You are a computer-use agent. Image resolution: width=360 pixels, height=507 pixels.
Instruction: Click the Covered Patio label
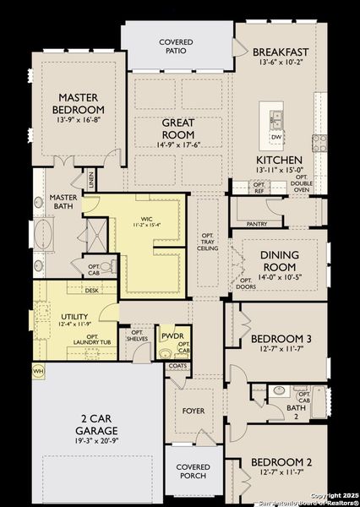177,46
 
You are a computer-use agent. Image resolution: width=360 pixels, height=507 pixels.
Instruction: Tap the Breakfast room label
281,52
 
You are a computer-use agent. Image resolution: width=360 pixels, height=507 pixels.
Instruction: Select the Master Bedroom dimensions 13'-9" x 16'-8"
79,122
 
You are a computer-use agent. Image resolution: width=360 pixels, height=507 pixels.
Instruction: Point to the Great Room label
178,128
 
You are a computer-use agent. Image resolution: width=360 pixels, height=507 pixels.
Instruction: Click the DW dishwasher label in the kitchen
276,136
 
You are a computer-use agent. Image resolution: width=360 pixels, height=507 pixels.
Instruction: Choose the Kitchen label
280,159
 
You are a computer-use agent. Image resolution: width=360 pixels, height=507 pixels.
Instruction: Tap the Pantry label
257,224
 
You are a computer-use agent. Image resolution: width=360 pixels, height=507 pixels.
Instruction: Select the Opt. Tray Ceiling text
208,241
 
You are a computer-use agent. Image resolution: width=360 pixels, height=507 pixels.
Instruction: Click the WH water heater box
38,370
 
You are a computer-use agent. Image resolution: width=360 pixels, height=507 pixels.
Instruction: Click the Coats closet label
177,366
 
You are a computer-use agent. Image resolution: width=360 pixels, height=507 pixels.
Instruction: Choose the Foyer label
194,412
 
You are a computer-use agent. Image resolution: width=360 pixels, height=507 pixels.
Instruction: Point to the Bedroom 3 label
281,339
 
